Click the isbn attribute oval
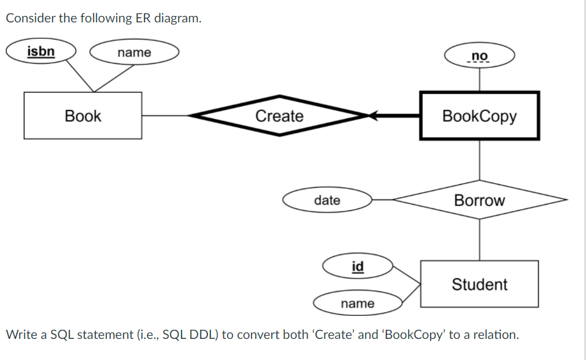point(41,52)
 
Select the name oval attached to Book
point(134,52)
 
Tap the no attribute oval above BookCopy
point(479,56)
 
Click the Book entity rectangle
point(83,116)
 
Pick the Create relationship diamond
point(280,116)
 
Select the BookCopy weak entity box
point(479,116)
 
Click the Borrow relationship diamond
point(479,200)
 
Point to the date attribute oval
point(328,200)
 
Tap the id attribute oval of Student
point(358,266)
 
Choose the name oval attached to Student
point(358,303)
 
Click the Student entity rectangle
point(479,284)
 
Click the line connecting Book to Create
point(165,116)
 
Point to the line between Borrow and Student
point(479,240)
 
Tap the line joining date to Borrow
point(383,200)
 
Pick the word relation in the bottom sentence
point(493,334)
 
